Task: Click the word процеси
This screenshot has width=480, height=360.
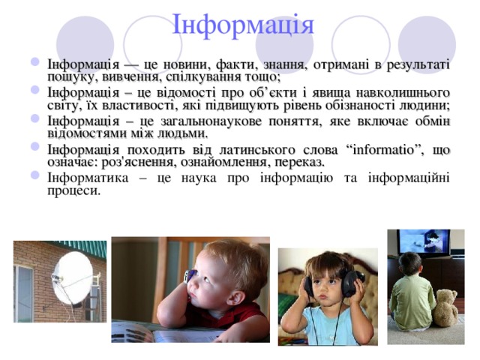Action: click(x=73, y=190)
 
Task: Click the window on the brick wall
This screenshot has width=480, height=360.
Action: click(x=23, y=293)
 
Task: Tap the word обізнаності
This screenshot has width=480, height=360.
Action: click(x=362, y=105)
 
